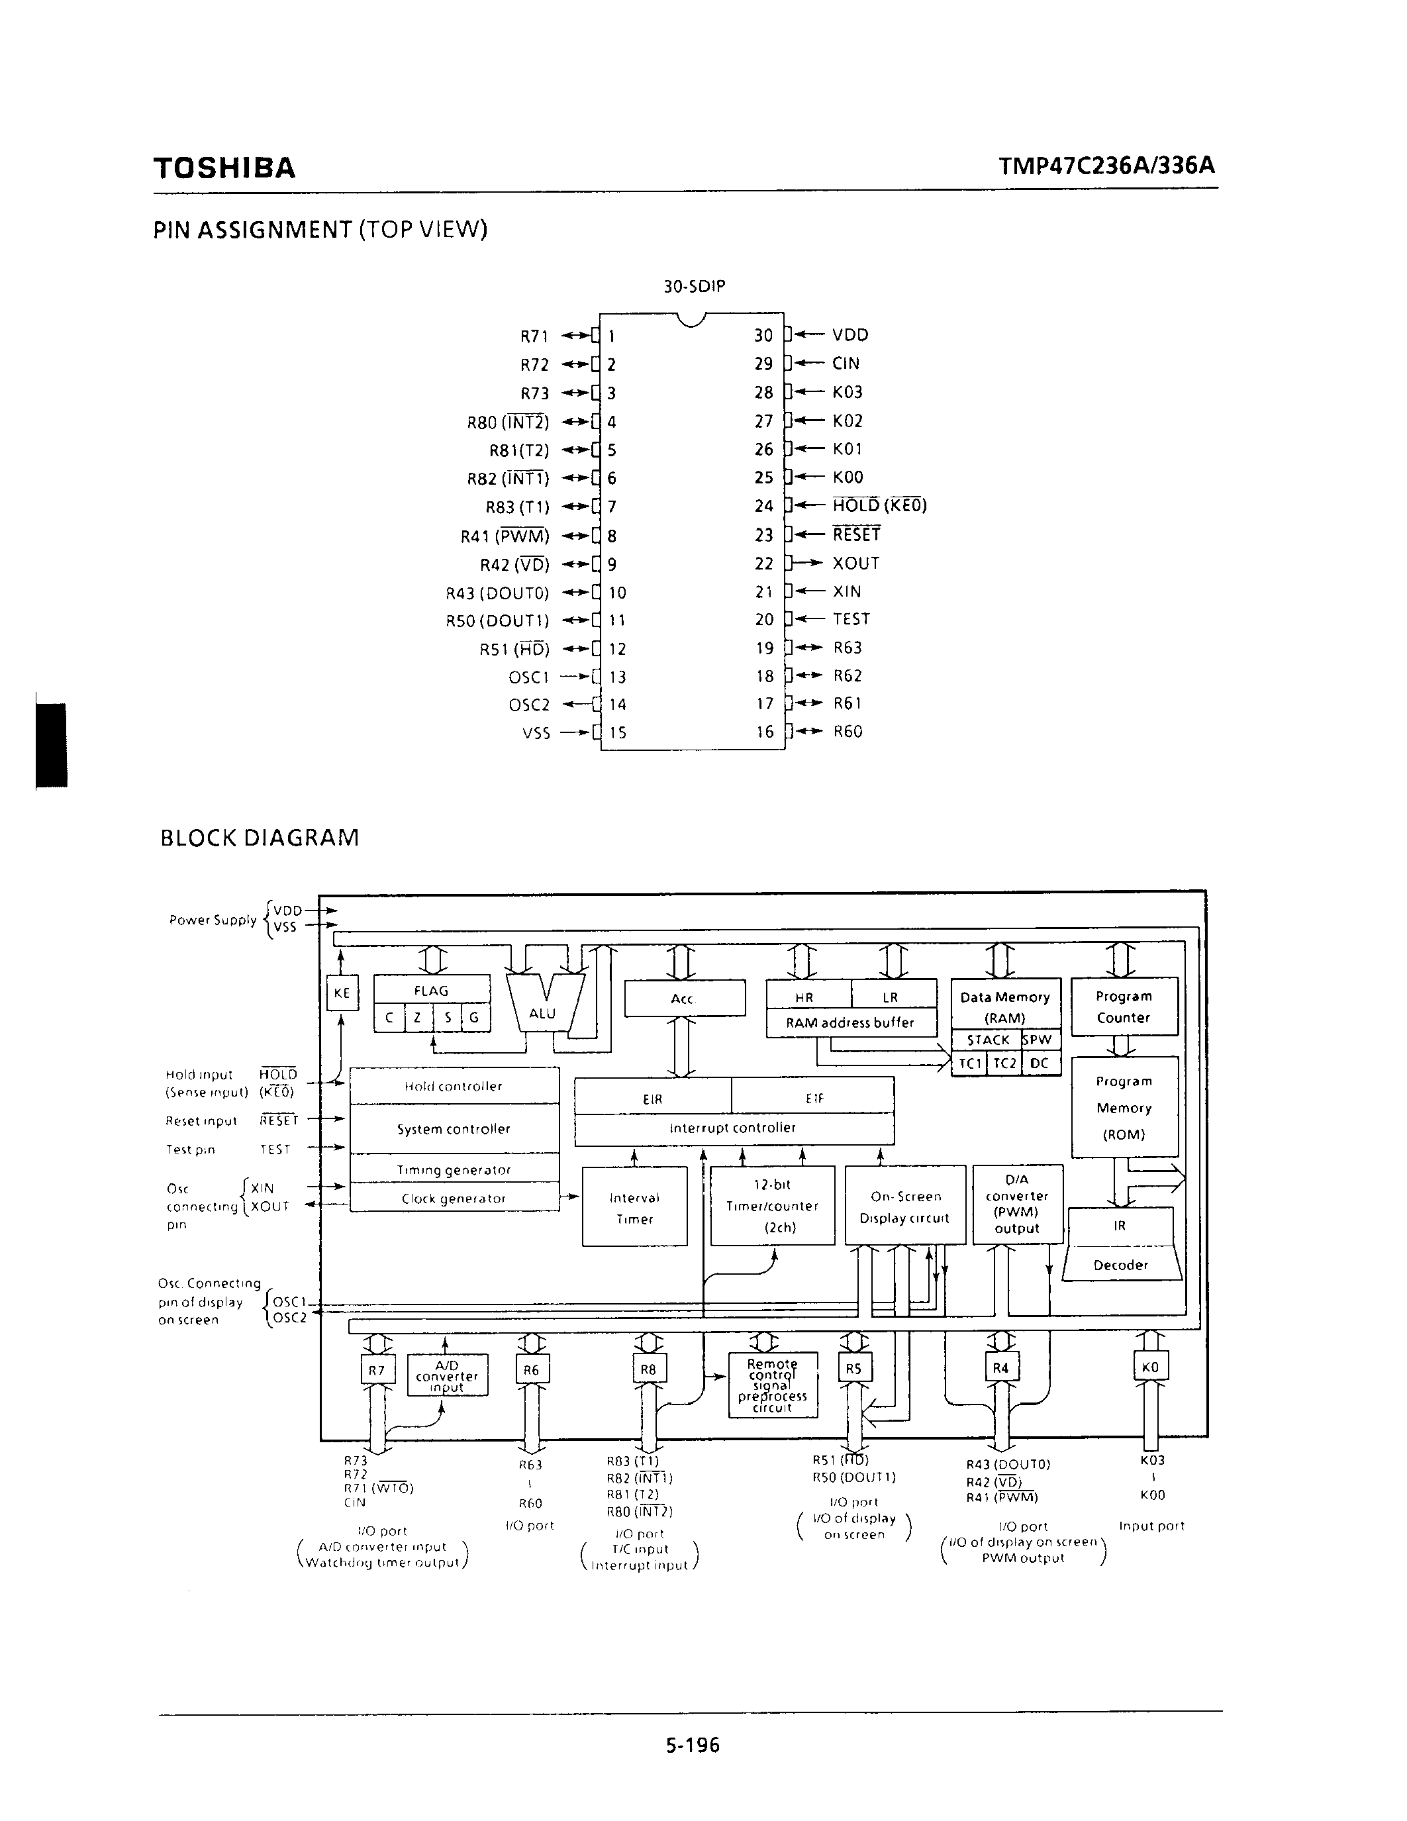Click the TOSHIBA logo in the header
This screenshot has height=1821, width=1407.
click(x=224, y=168)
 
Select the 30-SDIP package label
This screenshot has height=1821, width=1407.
click(x=693, y=286)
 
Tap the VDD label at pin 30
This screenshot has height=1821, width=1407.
click(x=850, y=335)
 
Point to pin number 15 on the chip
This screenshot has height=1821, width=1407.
click(x=617, y=733)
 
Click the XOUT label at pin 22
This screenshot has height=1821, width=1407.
click(x=856, y=564)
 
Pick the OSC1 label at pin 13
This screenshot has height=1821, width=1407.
click(x=529, y=677)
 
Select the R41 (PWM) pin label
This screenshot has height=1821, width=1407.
click(x=505, y=536)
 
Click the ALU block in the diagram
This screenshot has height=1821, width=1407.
click(x=543, y=1005)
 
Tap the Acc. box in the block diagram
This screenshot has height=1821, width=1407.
click(x=685, y=998)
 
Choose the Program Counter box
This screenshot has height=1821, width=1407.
click(x=1124, y=1007)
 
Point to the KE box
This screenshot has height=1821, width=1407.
click(x=342, y=993)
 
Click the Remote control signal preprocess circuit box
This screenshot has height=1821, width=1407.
click(x=773, y=1385)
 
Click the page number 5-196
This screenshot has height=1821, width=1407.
click(x=693, y=1744)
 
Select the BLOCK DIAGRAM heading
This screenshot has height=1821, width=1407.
click(x=260, y=837)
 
